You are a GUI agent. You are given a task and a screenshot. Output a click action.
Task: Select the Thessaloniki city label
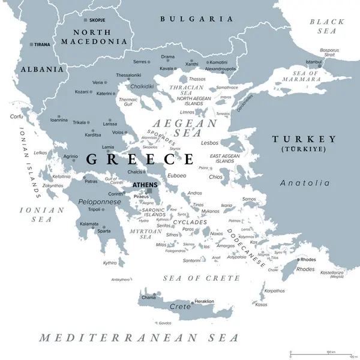(128, 76)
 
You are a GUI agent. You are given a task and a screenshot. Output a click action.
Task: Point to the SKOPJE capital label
(97, 20)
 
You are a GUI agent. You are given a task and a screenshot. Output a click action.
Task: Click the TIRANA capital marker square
(31, 44)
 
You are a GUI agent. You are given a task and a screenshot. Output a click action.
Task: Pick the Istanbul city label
(314, 62)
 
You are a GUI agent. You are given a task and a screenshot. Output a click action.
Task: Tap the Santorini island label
(192, 260)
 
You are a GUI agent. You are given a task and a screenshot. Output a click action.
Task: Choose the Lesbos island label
(209, 143)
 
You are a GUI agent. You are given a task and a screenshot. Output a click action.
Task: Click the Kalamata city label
(88, 223)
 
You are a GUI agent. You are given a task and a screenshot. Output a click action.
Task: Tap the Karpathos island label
(274, 290)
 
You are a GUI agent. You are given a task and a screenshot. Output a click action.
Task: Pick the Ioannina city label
(59, 119)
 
